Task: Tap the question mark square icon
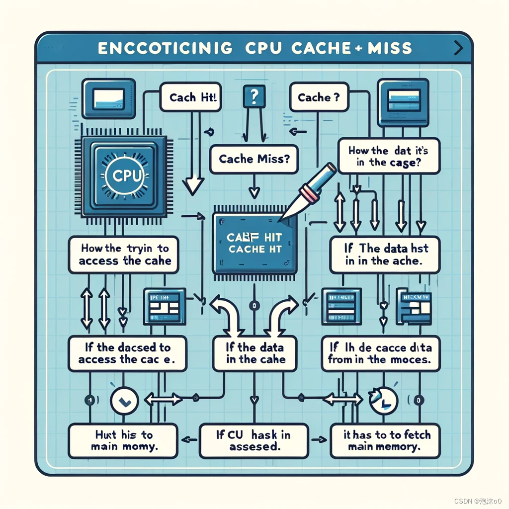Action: point(252,95)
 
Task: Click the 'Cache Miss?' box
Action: point(248,159)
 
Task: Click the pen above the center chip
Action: point(311,189)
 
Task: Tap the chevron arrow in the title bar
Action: point(458,48)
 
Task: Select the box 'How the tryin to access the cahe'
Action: point(124,254)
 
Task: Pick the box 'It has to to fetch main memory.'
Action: point(385,441)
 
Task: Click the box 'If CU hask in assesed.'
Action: point(253,441)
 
